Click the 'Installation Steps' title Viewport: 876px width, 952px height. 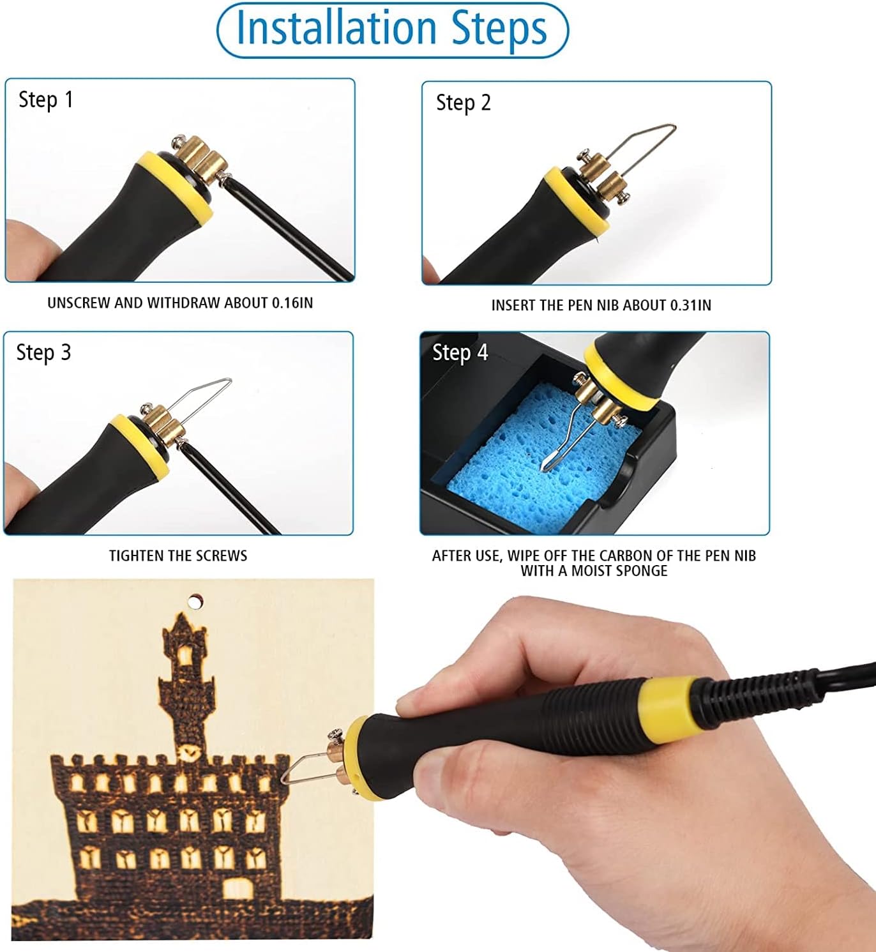point(391,29)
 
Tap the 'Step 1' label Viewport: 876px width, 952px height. point(46,100)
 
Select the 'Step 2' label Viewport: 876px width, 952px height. point(464,103)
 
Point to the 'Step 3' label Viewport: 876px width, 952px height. point(43,353)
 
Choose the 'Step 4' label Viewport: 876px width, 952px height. point(460,352)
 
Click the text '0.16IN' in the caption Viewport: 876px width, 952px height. point(292,303)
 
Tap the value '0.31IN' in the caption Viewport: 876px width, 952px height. point(691,306)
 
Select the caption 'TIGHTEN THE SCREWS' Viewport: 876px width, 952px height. point(178,555)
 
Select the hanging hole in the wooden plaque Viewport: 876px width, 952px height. point(193,603)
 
